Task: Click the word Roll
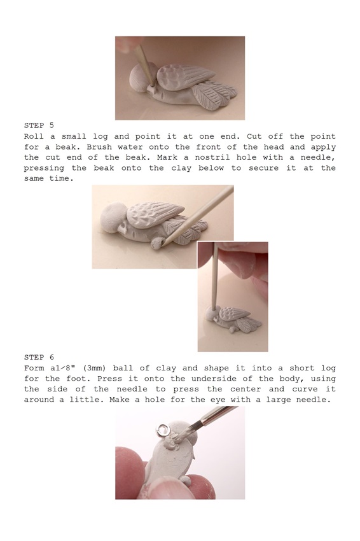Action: coord(34,136)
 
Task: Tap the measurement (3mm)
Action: coord(109,369)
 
